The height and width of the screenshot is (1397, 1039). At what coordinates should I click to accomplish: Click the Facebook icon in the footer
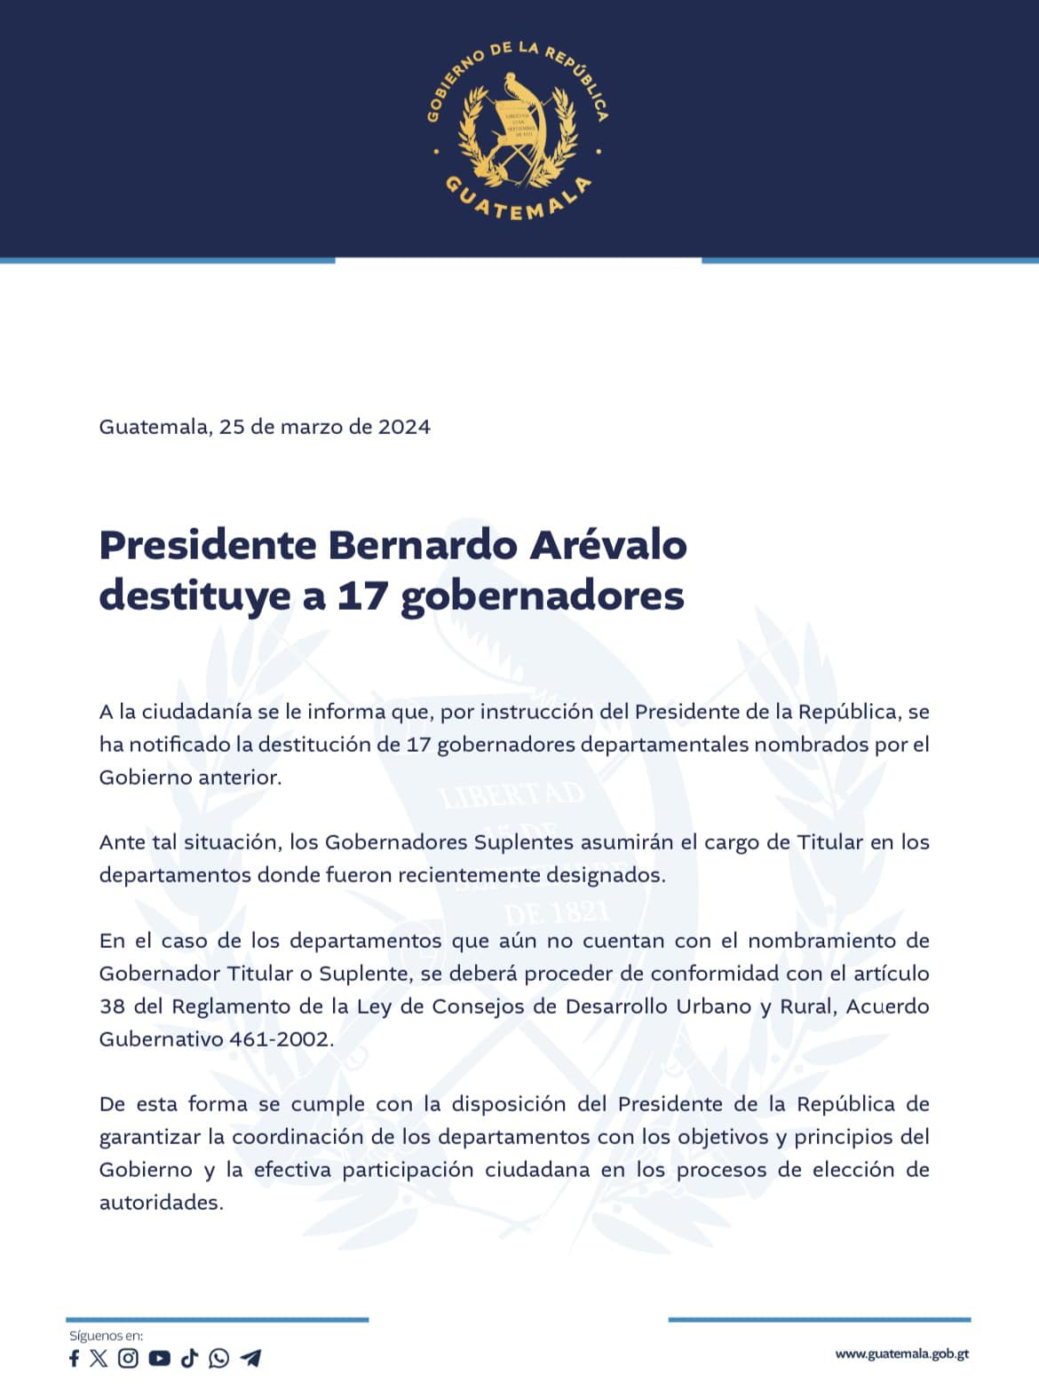click(x=74, y=1358)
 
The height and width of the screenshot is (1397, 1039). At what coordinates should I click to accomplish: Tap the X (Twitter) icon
click(x=99, y=1358)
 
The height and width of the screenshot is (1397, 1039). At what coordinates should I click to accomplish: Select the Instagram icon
click(x=129, y=1358)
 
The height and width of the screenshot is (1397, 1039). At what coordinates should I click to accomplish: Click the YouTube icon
click(x=160, y=1358)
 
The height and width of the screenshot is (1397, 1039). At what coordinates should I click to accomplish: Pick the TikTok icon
click(x=189, y=1358)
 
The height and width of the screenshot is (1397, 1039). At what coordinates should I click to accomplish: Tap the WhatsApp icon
click(x=218, y=1358)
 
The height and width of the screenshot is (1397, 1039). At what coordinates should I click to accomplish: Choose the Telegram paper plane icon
click(x=250, y=1358)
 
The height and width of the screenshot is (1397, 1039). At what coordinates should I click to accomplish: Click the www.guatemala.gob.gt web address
click(x=901, y=1354)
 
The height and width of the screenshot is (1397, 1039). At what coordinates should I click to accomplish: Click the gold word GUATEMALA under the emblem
click(x=519, y=201)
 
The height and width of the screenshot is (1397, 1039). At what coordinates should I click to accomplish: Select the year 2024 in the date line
click(x=404, y=427)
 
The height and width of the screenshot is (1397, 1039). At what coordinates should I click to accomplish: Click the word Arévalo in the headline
click(x=608, y=545)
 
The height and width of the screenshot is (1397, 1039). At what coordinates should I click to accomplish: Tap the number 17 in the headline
click(x=362, y=596)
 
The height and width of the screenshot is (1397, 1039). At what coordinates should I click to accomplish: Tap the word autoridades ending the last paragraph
click(x=160, y=1203)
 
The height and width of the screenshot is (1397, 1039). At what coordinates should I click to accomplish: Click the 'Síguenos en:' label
click(x=106, y=1336)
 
